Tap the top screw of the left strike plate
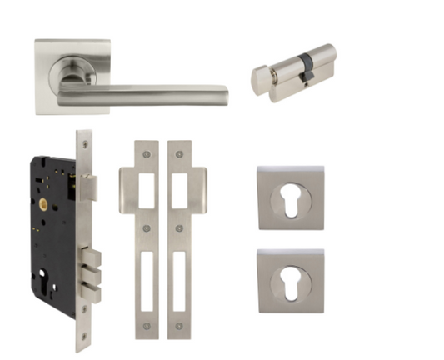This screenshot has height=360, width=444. [x=147, y=153]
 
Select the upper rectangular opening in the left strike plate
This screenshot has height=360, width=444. [x=147, y=192]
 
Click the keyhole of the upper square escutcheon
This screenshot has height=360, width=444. [x=290, y=200]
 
